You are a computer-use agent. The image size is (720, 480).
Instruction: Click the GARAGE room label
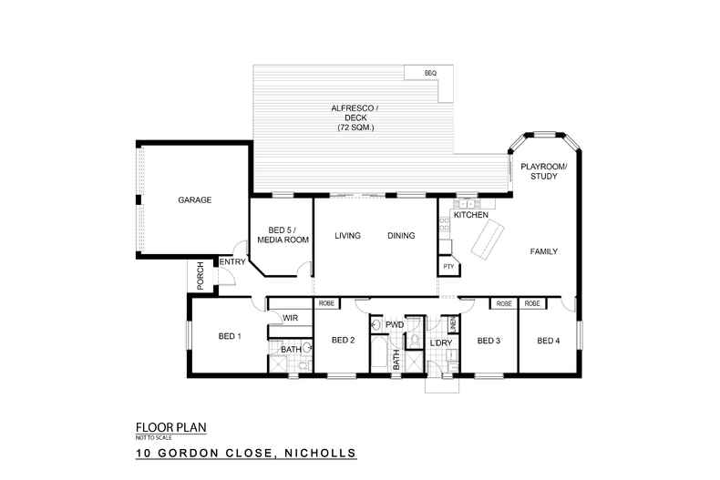pos(194,199)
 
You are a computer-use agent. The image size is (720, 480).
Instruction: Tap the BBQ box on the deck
pos(430,72)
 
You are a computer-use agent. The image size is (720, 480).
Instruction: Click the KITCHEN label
pos(471,214)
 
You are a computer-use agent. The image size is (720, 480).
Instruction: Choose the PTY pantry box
pos(447,266)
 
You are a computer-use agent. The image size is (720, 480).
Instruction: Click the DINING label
pos(401,236)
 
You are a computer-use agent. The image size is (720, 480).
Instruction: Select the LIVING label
pos(347,236)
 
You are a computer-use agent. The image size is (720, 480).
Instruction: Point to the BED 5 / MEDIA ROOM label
pos(282,234)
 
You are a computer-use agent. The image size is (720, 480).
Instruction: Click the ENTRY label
pos(232,262)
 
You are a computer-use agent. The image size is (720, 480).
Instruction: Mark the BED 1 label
pos(230,336)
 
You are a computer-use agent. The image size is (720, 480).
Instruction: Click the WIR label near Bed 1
pos(291,318)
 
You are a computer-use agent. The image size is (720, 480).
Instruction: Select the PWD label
pos(395,324)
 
